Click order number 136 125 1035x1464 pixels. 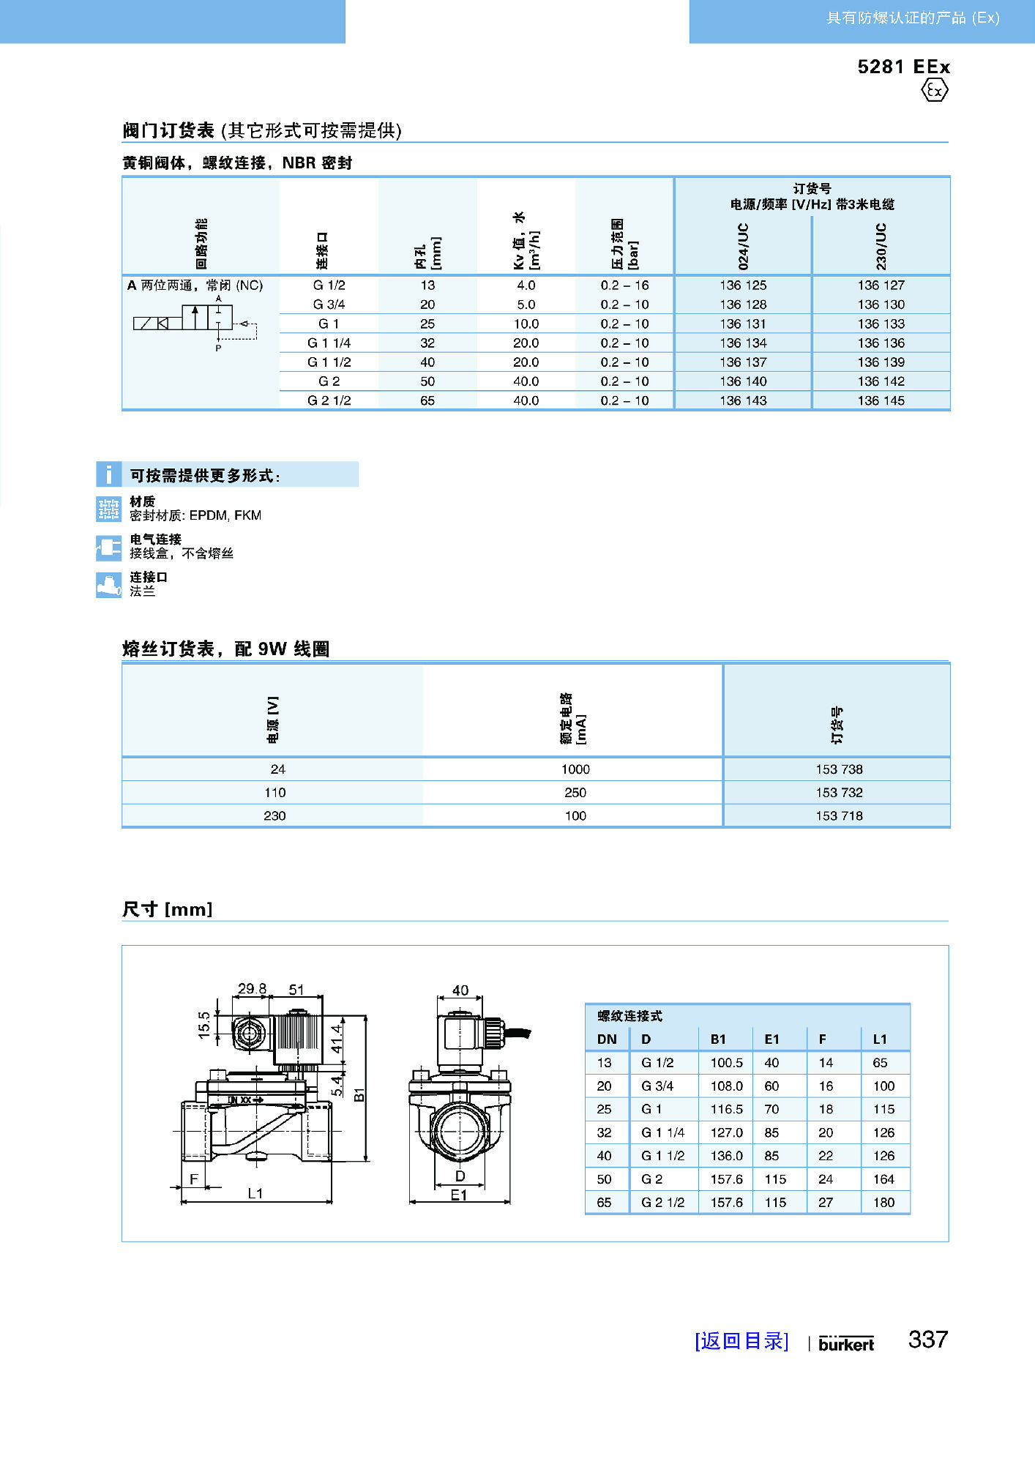(743, 285)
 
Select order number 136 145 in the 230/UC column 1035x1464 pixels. (881, 400)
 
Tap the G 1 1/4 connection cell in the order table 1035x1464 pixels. (329, 343)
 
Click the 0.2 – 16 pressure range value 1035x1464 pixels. (624, 285)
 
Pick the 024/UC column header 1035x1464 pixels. (743, 246)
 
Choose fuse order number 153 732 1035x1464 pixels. (839, 792)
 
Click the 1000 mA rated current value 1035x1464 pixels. (575, 769)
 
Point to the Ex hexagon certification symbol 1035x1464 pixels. (935, 91)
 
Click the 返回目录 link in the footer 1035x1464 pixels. (741, 1341)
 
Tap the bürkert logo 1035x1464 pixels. (846, 1344)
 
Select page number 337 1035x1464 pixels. (927, 1340)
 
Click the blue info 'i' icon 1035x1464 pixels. (109, 474)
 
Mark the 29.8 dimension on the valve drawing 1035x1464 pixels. (252, 988)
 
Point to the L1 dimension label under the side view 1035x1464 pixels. (255, 1193)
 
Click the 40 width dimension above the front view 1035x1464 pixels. (460, 990)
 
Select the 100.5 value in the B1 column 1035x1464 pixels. (726, 1062)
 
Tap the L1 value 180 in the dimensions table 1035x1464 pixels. (883, 1202)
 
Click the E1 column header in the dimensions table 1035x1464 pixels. (771, 1039)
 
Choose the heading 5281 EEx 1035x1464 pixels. (903, 67)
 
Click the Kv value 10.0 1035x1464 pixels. (526, 324)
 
